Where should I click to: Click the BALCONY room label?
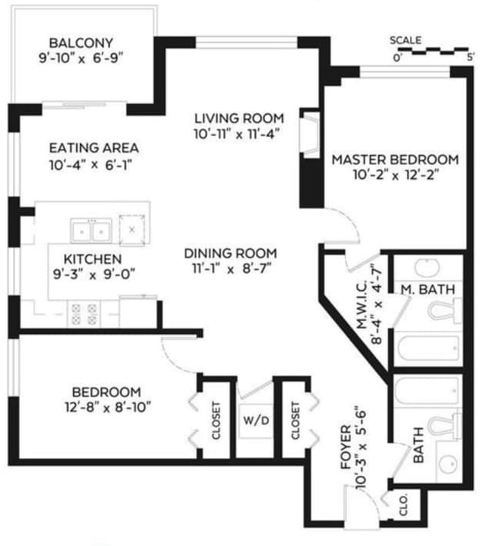[81, 42]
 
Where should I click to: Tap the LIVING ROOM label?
[238, 118]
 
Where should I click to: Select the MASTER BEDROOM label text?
[394, 160]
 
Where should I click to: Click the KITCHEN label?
[92, 258]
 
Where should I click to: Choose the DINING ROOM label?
[230, 253]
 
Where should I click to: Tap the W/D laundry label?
[255, 421]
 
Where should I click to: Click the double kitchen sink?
[91, 230]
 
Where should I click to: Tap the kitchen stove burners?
[84, 312]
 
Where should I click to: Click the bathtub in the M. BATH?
[427, 352]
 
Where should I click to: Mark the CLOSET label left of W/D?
[216, 421]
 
